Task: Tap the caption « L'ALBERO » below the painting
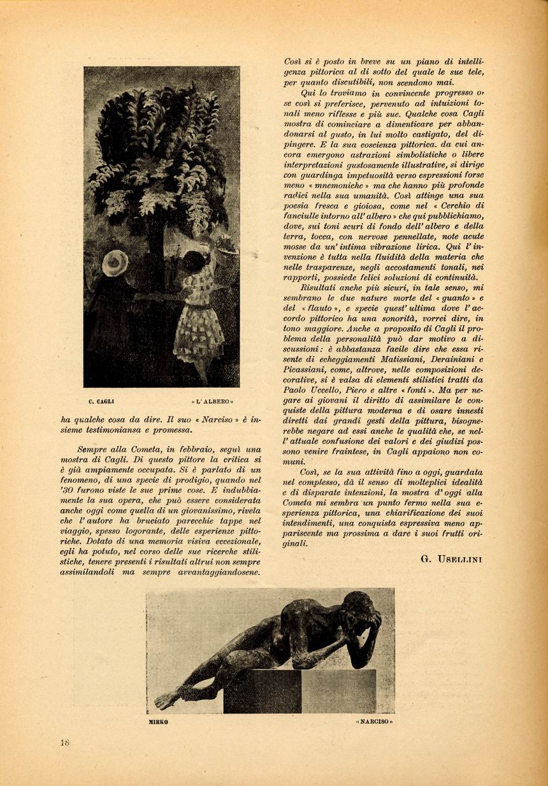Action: (213, 402)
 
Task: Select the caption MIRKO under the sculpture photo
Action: (157, 722)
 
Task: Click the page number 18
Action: (64, 742)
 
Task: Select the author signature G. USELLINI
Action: (451, 559)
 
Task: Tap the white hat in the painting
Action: (115, 262)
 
